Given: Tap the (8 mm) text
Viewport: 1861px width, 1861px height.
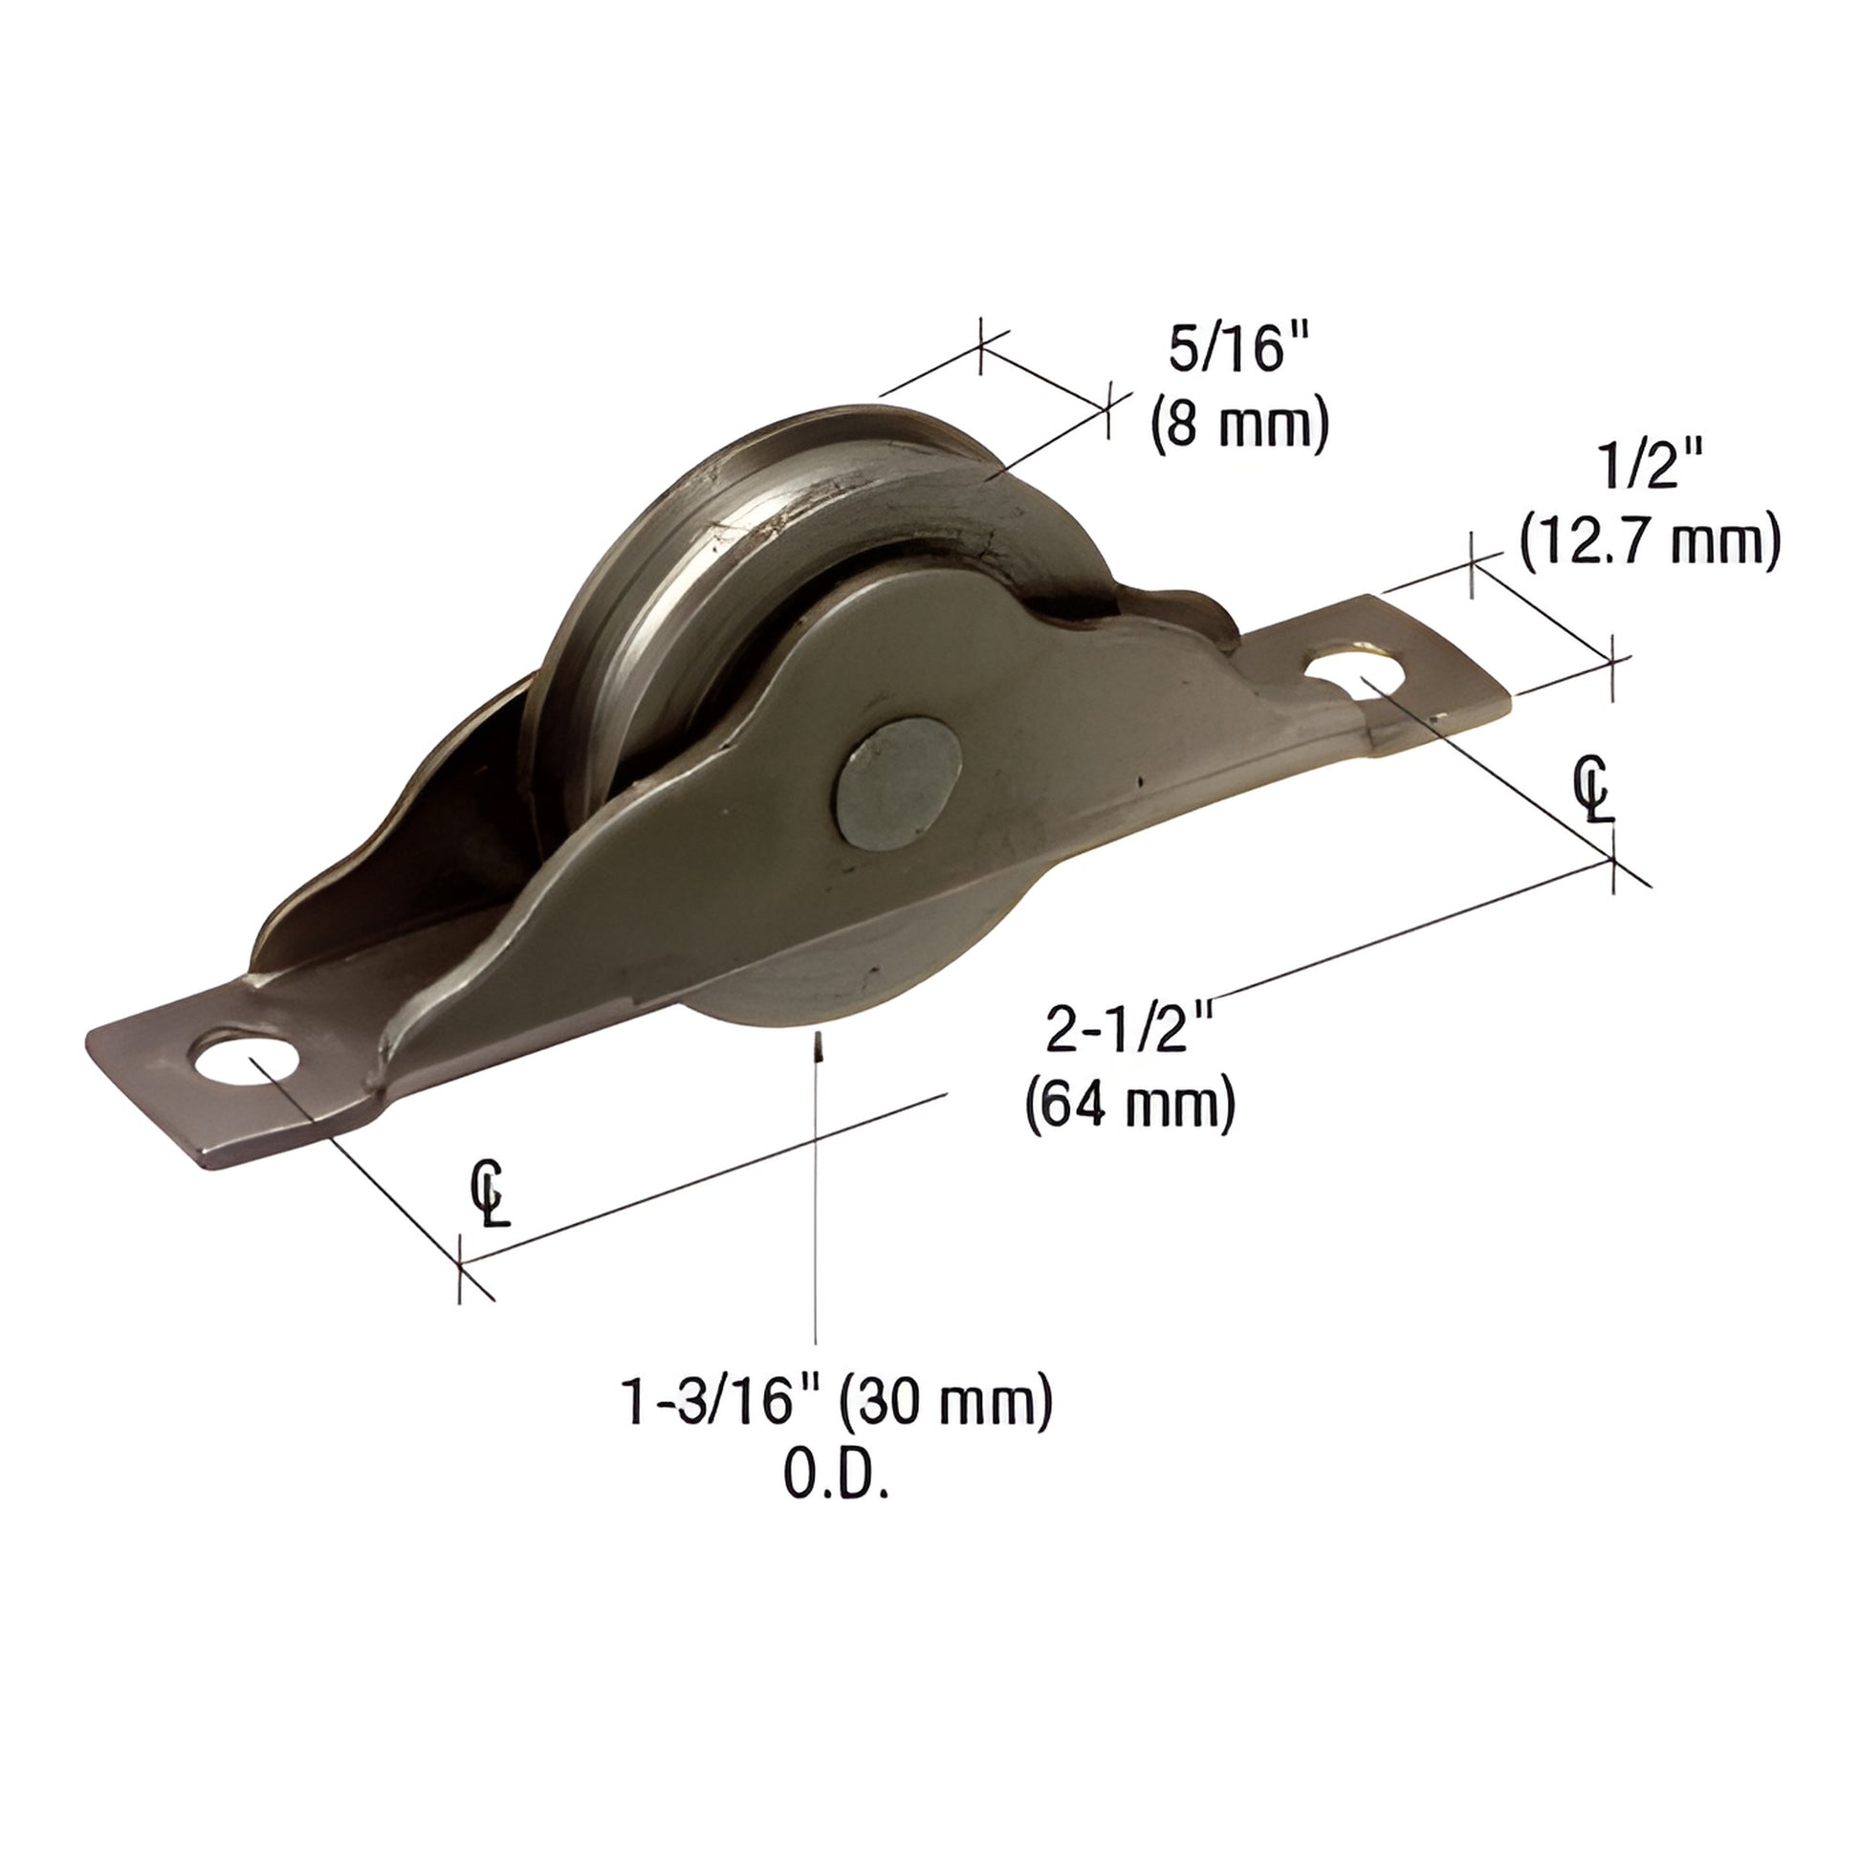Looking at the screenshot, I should [x=1239, y=424].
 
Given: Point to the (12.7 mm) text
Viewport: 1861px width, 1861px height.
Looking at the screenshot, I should [x=1649, y=542].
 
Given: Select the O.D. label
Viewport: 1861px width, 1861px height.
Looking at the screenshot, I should [x=834, y=1476].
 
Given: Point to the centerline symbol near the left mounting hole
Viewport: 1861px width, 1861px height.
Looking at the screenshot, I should [x=491, y=1193].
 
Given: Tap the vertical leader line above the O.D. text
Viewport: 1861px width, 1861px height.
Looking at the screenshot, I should [x=817, y=1204].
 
